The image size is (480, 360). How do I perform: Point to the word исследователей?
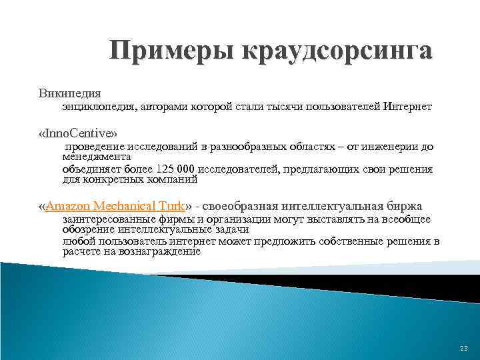click(x=241, y=169)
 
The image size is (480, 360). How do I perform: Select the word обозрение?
click(x=89, y=229)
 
